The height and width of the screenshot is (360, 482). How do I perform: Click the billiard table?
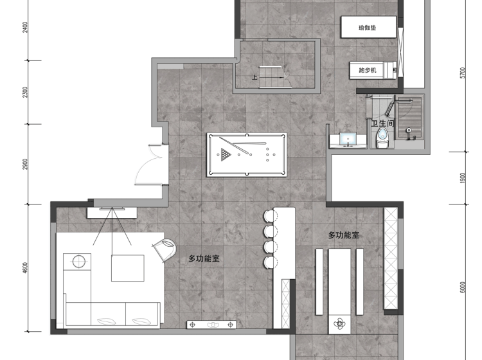pyautogui.click(x=247, y=155)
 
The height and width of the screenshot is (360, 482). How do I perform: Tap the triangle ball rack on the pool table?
pyautogui.click(x=226, y=155)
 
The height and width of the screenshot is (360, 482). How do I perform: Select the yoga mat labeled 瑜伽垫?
pyautogui.click(x=369, y=28)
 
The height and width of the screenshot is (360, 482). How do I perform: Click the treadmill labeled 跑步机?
pyautogui.click(x=373, y=70)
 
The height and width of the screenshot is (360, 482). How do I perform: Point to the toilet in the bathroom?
pyautogui.click(x=382, y=138)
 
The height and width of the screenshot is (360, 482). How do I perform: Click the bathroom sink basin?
pyautogui.click(x=348, y=139)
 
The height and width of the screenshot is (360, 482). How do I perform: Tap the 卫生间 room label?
pyautogui.click(x=383, y=123)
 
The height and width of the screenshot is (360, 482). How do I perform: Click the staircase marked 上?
pyautogui.click(x=274, y=77)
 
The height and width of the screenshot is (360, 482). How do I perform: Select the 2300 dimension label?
pyautogui.click(x=25, y=92)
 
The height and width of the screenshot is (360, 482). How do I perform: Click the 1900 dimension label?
pyautogui.click(x=463, y=178)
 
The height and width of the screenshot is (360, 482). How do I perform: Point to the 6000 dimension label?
pyautogui.click(x=463, y=287)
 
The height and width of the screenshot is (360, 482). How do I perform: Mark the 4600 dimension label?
pyautogui.click(x=25, y=268)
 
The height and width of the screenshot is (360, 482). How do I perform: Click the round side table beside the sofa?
pyautogui.click(x=79, y=262)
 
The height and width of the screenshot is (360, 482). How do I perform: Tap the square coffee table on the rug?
pyautogui.click(x=128, y=268)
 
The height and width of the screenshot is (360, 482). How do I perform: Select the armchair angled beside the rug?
pyautogui.click(x=165, y=249)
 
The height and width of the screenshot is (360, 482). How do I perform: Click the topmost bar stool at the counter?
pyautogui.click(x=270, y=215)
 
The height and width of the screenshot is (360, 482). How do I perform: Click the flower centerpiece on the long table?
pyautogui.click(x=339, y=324)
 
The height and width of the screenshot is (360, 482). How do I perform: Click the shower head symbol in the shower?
pyautogui.click(x=409, y=130)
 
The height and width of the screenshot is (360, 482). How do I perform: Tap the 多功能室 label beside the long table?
pyautogui.click(x=344, y=235)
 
